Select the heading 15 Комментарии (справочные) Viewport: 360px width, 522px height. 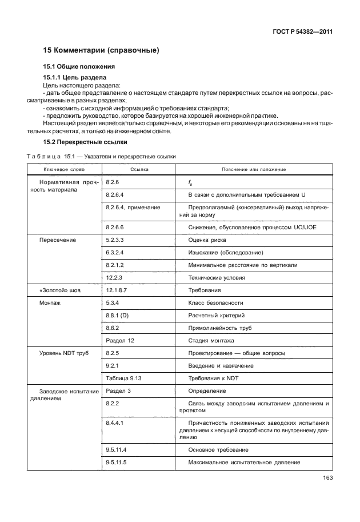point(101,50)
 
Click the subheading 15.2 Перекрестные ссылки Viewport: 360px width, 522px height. point(85,141)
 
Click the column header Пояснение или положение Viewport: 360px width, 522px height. point(254,170)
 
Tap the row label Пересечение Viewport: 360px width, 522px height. point(57,240)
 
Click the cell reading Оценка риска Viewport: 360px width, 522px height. point(207,240)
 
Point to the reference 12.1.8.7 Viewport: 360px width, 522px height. point(117,290)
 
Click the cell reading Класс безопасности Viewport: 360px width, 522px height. point(215,303)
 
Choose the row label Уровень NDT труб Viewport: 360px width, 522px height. point(63,353)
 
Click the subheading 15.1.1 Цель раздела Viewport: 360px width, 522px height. point(75,77)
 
